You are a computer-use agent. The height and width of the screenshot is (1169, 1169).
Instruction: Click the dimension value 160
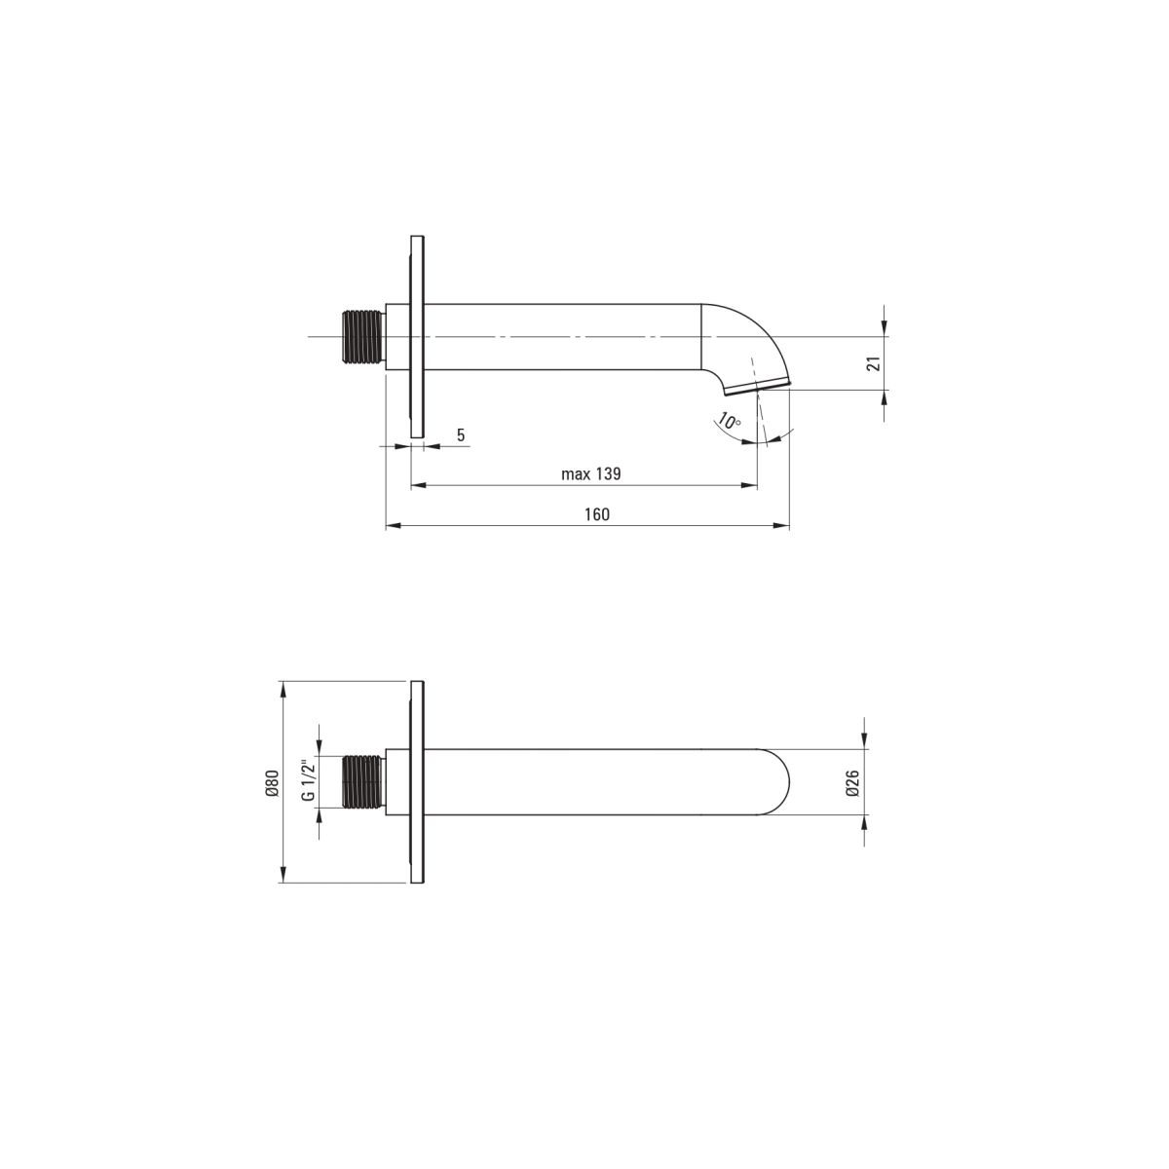[x=597, y=513]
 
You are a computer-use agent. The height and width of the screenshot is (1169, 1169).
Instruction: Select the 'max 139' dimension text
[x=591, y=473]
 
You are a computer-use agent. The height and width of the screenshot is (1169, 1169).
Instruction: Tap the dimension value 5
[x=461, y=434]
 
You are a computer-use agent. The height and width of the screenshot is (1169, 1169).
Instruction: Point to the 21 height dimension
[x=874, y=363]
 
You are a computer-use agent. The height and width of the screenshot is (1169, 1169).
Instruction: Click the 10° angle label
[x=729, y=421]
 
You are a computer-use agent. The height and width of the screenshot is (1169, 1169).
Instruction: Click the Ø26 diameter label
[x=852, y=782]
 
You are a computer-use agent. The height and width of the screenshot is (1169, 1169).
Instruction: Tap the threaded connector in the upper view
[x=364, y=338]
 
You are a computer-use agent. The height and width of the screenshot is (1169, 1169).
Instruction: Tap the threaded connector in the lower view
[x=364, y=782]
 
